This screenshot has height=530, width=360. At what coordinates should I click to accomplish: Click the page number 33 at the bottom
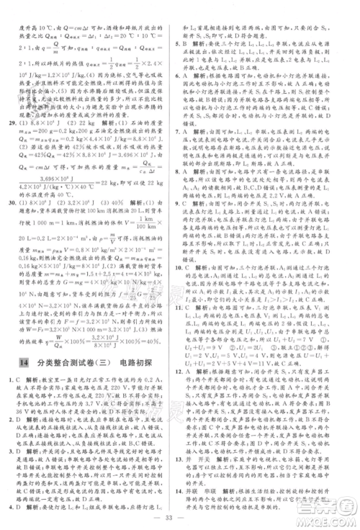(179, 519)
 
